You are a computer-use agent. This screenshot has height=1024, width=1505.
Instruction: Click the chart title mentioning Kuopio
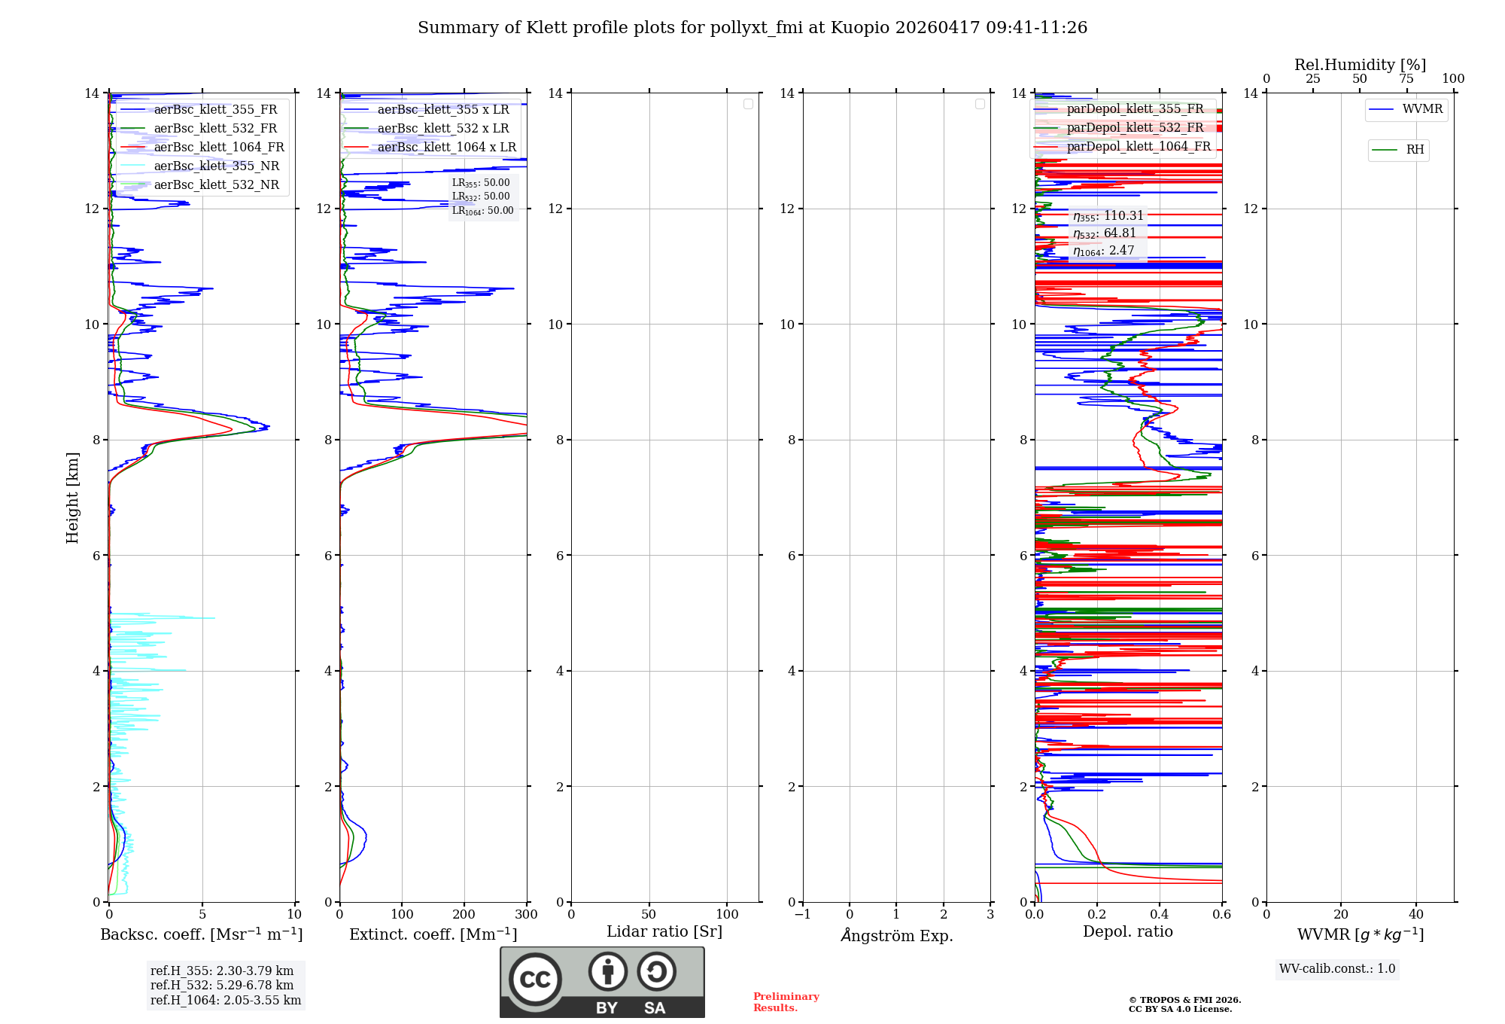pyautogui.click(x=752, y=28)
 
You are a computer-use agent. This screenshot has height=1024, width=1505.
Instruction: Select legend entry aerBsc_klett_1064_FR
pyautogui.click(x=218, y=148)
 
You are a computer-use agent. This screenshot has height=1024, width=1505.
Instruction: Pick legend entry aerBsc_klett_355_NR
pyautogui.click(x=216, y=166)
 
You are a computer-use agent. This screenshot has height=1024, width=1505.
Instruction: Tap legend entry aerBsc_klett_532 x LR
pyautogui.click(x=442, y=129)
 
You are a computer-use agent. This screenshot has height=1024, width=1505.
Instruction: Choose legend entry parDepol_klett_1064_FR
pyautogui.click(x=1138, y=147)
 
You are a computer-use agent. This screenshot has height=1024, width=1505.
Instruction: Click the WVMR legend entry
pyautogui.click(x=1421, y=109)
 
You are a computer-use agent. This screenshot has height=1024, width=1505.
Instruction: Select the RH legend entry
pyautogui.click(x=1414, y=150)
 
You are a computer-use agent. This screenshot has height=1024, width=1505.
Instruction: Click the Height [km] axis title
pyautogui.click(x=72, y=498)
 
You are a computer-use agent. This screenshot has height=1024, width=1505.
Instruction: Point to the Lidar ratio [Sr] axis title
pyautogui.click(x=664, y=932)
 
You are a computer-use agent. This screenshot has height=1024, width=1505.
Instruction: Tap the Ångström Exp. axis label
pyautogui.click(x=897, y=936)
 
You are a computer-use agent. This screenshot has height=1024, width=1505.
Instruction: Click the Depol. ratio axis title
pyautogui.click(x=1128, y=932)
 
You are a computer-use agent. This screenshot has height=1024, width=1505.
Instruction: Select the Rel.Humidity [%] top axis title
pyautogui.click(x=1360, y=65)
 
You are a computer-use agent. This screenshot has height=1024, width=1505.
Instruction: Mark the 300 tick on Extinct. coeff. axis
pyautogui.click(x=527, y=915)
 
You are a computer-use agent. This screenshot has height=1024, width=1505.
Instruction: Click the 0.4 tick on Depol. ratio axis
pyautogui.click(x=1160, y=915)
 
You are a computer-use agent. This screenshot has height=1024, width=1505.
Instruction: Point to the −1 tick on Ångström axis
pyautogui.click(x=803, y=915)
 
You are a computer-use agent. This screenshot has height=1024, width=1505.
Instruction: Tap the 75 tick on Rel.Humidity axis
pyautogui.click(x=1406, y=79)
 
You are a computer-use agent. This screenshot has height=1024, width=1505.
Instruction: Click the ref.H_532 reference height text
pyautogui.click(x=222, y=986)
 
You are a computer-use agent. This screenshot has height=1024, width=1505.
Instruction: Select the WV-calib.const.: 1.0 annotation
pyautogui.click(x=1337, y=969)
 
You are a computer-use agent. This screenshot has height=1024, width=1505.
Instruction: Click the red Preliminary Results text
pyautogui.click(x=786, y=1002)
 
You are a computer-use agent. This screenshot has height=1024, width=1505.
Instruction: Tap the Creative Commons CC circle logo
pyautogui.click(x=535, y=980)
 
